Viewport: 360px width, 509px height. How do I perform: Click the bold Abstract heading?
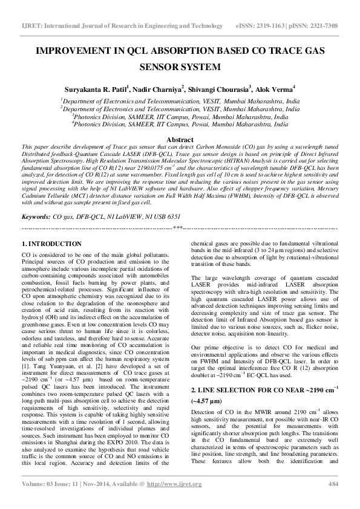180,139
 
